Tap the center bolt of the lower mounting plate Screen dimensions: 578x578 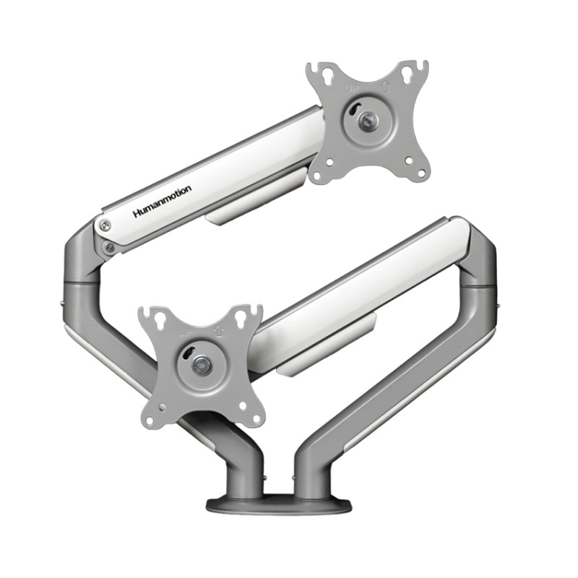[x=202, y=366]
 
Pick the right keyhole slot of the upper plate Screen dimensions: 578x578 [x=415, y=71]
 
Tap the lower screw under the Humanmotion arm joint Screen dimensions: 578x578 [x=109, y=248]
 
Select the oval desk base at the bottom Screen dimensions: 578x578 [x=279, y=504]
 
